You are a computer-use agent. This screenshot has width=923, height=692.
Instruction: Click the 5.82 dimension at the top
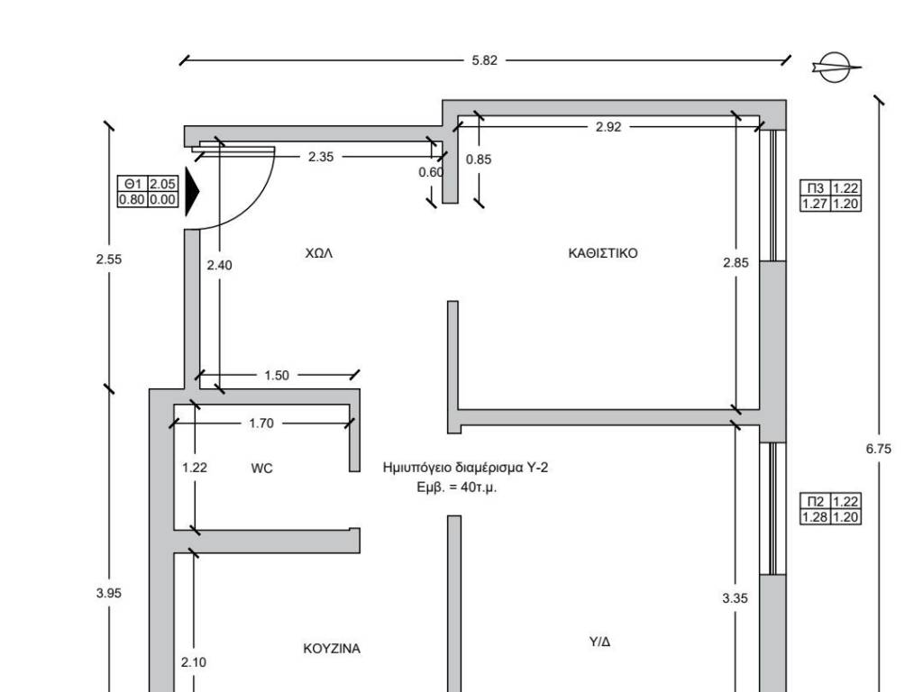click(x=484, y=60)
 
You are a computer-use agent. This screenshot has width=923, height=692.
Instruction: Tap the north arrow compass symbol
click(x=835, y=66)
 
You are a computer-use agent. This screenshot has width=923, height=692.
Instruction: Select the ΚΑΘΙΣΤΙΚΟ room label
click(x=602, y=253)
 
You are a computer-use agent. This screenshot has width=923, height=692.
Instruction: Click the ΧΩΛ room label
click(x=319, y=254)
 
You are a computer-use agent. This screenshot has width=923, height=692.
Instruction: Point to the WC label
click(x=261, y=469)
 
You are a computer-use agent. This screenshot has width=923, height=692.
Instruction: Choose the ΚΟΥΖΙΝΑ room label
click(x=332, y=648)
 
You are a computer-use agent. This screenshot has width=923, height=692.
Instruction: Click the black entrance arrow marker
click(x=191, y=192)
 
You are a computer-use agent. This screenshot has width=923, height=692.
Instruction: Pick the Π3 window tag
click(x=830, y=196)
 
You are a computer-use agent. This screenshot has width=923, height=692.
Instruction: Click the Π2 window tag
click(x=830, y=509)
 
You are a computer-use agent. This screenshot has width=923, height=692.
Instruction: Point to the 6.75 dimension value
click(x=879, y=449)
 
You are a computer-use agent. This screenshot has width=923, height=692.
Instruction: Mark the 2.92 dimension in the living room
click(x=608, y=127)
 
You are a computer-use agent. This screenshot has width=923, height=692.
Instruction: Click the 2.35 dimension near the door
click(x=321, y=157)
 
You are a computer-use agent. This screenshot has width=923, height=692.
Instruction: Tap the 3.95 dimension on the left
click(x=109, y=593)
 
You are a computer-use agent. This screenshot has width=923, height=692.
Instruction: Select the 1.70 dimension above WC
click(x=261, y=423)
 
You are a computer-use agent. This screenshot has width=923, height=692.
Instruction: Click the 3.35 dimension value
click(x=736, y=597)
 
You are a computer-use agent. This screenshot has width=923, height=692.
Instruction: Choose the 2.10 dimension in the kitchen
click(x=194, y=662)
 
